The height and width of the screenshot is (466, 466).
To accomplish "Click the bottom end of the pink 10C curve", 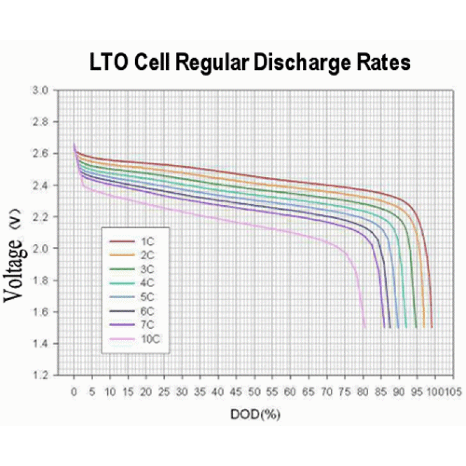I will click(x=365, y=327).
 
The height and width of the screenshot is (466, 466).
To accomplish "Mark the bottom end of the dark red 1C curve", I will click(x=432, y=327).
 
